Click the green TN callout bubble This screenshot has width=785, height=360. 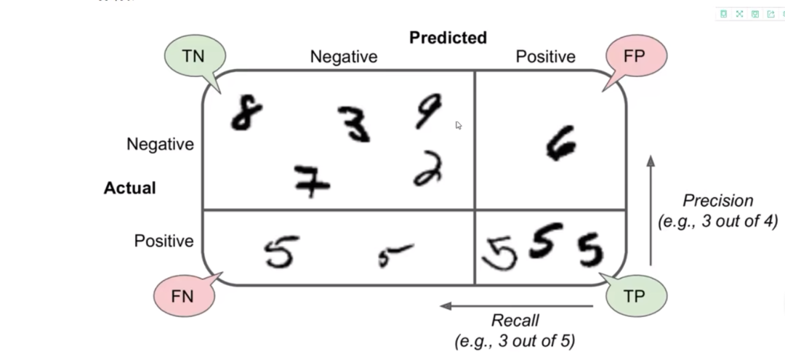point(194,56)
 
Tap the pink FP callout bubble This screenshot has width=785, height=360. point(635,56)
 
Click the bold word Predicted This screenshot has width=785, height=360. point(448,38)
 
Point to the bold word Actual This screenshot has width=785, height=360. point(129,188)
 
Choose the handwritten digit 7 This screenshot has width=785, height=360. point(312,181)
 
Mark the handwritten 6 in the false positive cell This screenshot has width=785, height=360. point(560,143)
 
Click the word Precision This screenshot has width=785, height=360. point(717,201)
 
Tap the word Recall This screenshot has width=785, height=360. point(515,320)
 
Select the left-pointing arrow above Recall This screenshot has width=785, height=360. point(516,305)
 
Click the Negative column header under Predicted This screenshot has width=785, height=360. point(344,57)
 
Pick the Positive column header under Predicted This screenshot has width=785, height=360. point(545,57)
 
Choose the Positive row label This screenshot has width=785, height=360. point(164,241)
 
